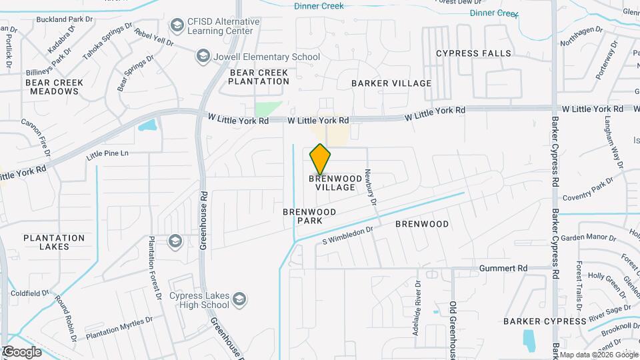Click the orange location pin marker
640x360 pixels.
pyautogui.click(x=321, y=159)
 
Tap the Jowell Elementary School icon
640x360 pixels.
pyautogui.click(x=203, y=57)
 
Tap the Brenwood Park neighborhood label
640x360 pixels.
pyautogui.click(x=309, y=215)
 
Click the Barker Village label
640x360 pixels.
pyautogui.click(x=392, y=83)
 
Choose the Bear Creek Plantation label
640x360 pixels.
pyautogui.click(x=259, y=77)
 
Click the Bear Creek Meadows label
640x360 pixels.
pyautogui.click(x=55, y=87)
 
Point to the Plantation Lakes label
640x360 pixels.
pyautogui.click(x=55, y=242)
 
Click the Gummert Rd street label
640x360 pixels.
pyautogui.click(x=503, y=268)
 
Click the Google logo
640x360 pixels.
pyautogui.click(x=23, y=351)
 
